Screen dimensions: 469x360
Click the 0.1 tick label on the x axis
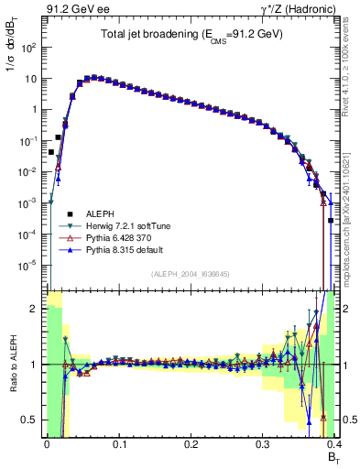(118, 444)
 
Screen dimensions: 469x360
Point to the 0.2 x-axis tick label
(191, 444)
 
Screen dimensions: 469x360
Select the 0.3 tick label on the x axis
(262, 444)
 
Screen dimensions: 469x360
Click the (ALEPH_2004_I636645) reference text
(190, 274)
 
